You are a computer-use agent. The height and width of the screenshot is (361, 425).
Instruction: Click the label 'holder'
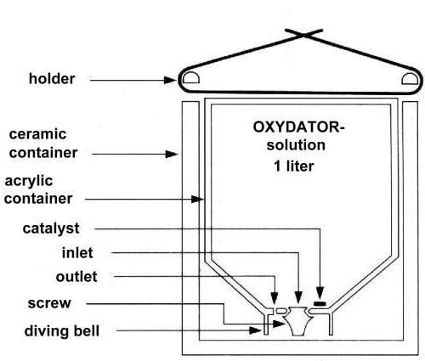click(x=52, y=78)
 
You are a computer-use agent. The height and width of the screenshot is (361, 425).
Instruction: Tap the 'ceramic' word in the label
click(x=37, y=134)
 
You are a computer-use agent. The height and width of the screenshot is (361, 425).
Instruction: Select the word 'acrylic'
click(x=29, y=181)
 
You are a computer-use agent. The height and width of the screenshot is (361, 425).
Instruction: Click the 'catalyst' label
click(x=51, y=228)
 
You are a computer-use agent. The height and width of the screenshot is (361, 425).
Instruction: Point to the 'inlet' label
click(x=77, y=252)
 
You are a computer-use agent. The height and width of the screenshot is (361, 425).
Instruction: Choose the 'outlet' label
click(x=76, y=277)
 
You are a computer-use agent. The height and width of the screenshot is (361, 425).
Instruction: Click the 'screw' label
click(x=49, y=303)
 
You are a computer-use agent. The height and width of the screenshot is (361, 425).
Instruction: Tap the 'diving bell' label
click(x=62, y=330)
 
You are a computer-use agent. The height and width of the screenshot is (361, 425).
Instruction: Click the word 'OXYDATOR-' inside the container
click(x=298, y=127)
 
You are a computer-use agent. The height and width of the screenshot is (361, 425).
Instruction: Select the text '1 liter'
click(x=294, y=166)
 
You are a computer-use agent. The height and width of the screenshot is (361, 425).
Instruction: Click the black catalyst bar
click(x=320, y=304)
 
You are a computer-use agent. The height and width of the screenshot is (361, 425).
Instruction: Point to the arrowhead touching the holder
click(x=171, y=80)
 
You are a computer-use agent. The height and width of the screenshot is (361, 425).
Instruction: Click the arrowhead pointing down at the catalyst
click(x=320, y=294)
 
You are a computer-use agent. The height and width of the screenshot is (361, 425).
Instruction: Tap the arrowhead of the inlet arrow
click(x=298, y=298)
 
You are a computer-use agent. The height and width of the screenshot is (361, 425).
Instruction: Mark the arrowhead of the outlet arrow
click(x=275, y=298)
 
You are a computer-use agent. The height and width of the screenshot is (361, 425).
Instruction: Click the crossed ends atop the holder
click(x=303, y=35)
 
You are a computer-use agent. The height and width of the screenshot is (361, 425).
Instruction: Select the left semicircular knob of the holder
click(x=190, y=77)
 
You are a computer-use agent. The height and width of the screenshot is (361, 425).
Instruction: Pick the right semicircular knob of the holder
click(x=410, y=79)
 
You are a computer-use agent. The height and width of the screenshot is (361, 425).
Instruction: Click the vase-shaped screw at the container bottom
click(x=298, y=321)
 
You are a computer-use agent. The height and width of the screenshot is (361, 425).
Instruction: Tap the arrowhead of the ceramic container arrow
click(x=172, y=155)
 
